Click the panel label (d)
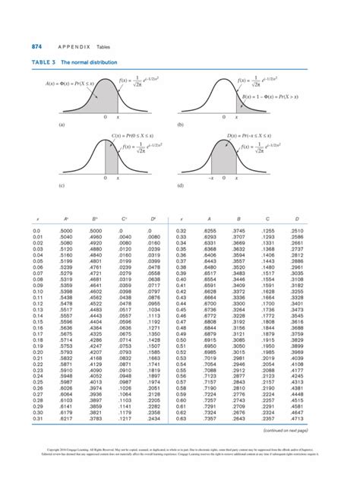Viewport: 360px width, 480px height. coord(181,185)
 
